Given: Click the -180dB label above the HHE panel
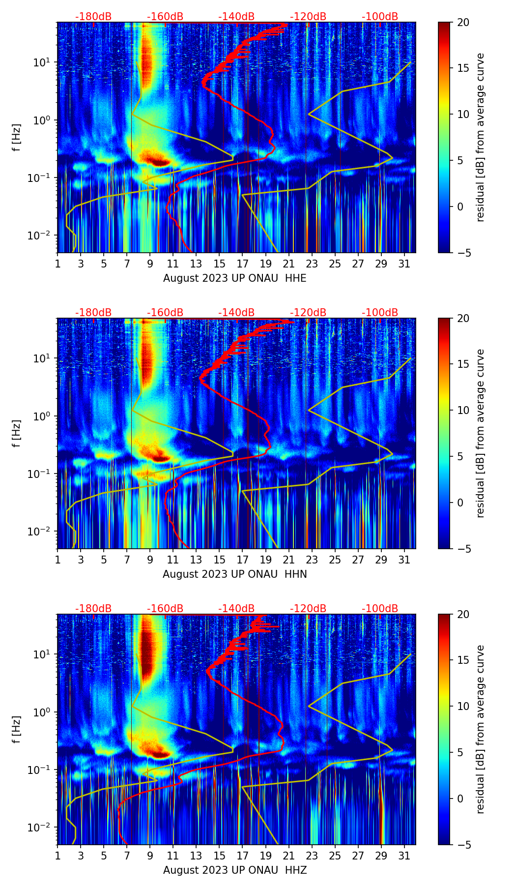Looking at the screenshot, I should point(93,17).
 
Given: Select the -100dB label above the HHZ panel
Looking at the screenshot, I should point(380,609).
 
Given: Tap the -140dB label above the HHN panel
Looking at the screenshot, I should point(236,313).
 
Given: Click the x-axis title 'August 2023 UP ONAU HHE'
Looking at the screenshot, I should point(234,278).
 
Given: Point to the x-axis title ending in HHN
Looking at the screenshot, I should point(234,574).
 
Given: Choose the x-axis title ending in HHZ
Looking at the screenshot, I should point(234,870).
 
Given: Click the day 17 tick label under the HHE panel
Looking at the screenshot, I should point(242,264).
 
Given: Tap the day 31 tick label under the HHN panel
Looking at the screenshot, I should point(404,560).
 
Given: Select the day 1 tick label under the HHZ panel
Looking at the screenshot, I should point(57,856).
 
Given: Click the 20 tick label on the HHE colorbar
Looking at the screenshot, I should point(463,23).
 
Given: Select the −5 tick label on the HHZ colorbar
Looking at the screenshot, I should point(462,845).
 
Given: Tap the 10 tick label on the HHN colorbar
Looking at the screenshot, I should point(463,410).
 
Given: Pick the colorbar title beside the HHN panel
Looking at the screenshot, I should point(480,433).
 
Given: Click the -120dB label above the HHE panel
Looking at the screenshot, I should point(308,17).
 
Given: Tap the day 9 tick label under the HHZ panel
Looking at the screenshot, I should point(150,856).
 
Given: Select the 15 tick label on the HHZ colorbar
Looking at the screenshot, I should point(463,660).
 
